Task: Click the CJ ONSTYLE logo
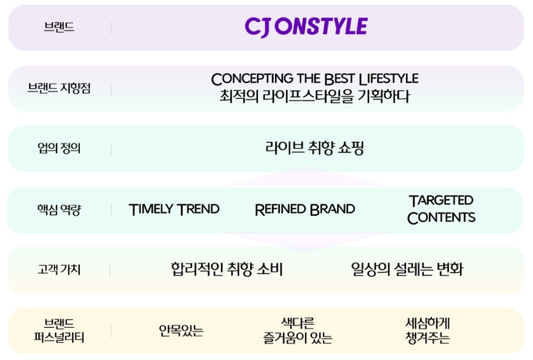pos(306,27)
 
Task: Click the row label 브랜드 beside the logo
pos(59,27)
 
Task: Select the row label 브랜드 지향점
pos(59,88)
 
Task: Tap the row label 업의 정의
pos(59,148)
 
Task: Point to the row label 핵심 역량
pos(59,209)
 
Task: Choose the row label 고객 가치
pos(59,270)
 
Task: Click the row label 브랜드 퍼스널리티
pos(59,330)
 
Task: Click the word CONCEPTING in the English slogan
pos(252,79)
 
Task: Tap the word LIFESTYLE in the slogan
pos(389,79)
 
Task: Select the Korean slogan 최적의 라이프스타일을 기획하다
pos(314,96)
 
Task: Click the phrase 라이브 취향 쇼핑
pos(314,147)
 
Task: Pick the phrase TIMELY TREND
pos(174,209)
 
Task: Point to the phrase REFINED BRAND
pos(305,209)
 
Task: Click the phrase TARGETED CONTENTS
pos(441,209)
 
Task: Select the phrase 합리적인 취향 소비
pos(227,269)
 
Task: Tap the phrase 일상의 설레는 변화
pos(407,269)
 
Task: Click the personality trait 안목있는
pos(181,330)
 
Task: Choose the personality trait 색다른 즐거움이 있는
pos(297,330)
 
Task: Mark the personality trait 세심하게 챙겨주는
pos(427,330)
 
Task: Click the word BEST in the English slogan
pos(339,79)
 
